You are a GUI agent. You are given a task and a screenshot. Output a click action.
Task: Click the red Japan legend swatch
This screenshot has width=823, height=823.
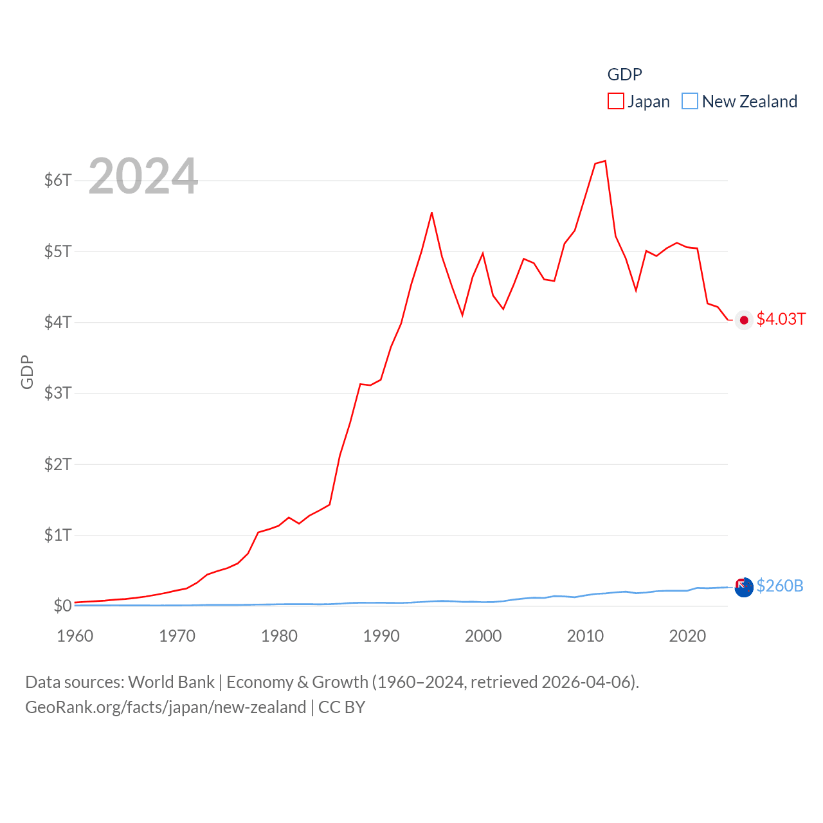click(x=615, y=102)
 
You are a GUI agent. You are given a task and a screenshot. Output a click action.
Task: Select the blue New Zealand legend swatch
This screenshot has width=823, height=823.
click(x=689, y=102)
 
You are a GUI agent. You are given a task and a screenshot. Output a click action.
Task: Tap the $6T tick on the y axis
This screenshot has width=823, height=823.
click(x=58, y=180)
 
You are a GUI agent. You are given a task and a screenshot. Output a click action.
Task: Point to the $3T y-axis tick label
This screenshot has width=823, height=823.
click(x=58, y=393)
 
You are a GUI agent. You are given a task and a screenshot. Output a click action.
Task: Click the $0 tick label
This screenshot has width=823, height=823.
click(x=62, y=606)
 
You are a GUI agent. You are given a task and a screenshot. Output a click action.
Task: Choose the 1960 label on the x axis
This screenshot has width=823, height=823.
click(x=75, y=636)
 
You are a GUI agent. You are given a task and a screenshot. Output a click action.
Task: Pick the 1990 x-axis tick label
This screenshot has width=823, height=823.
click(x=381, y=636)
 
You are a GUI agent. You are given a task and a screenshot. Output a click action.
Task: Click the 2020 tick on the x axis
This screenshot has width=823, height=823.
click(x=687, y=636)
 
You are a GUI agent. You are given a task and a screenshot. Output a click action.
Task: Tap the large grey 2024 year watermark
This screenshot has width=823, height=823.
click(x=143, y=176)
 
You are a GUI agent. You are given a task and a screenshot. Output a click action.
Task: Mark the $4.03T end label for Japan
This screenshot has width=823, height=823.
click(x=781, y=319)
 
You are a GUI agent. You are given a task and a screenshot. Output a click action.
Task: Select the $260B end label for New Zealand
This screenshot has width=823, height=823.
click(x=780, y=586)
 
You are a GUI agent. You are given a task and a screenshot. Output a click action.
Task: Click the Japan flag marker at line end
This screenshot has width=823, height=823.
click(x=744, y=320)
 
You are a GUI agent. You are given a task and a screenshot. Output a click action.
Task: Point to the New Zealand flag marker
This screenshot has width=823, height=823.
click(x=744, y=587)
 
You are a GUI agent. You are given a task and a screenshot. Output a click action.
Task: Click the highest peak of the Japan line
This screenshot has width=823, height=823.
click(x=605, y=161)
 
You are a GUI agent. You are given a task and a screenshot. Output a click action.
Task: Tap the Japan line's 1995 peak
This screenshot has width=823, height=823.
click(x=431, y=213)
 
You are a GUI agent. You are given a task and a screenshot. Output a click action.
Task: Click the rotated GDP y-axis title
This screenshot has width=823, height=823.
click(x=27, y=372)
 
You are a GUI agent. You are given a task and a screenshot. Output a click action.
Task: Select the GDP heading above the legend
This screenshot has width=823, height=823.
click(x=624, y=75)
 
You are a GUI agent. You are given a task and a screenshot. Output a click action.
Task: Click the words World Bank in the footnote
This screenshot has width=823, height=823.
click(x=171, y=682)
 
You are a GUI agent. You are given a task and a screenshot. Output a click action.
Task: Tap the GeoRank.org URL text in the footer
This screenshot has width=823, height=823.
click(x=165, y=707)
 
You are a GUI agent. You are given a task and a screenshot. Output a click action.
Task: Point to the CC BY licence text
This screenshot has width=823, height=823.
click(x=342, y=707)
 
